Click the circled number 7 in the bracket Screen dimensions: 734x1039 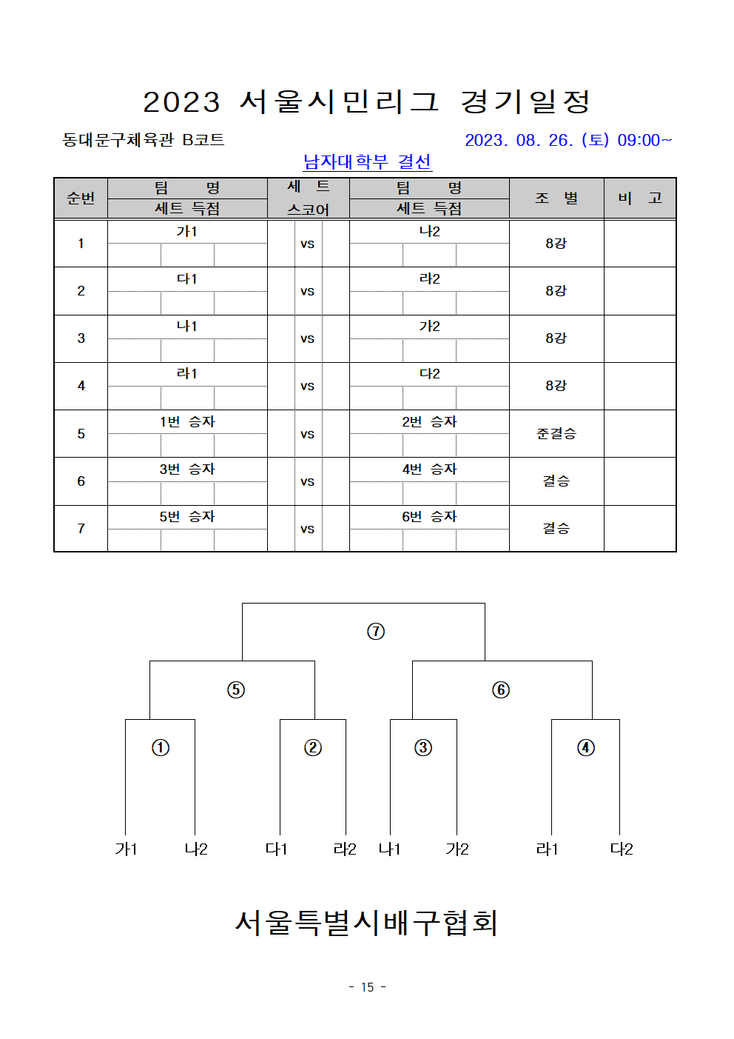375,631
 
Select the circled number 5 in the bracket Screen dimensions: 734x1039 236,689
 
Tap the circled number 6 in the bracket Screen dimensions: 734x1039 501,689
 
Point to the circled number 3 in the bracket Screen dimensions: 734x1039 423,747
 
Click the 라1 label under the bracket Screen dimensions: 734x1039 548,849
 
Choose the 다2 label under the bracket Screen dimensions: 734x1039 622,849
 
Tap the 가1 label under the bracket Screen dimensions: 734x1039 126,849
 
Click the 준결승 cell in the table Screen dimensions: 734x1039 556,434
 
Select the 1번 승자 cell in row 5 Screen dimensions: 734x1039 187,421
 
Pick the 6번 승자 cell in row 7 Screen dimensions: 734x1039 429,516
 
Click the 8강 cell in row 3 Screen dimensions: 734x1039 556,338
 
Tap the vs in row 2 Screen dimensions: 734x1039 307,292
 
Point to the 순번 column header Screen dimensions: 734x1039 81,198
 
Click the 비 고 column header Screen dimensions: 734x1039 640,198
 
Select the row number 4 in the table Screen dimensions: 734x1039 81,386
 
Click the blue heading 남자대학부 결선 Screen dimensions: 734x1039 368,162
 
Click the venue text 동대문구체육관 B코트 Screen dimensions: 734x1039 144,140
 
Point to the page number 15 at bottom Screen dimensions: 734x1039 368,987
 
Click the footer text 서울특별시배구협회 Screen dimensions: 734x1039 366,923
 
